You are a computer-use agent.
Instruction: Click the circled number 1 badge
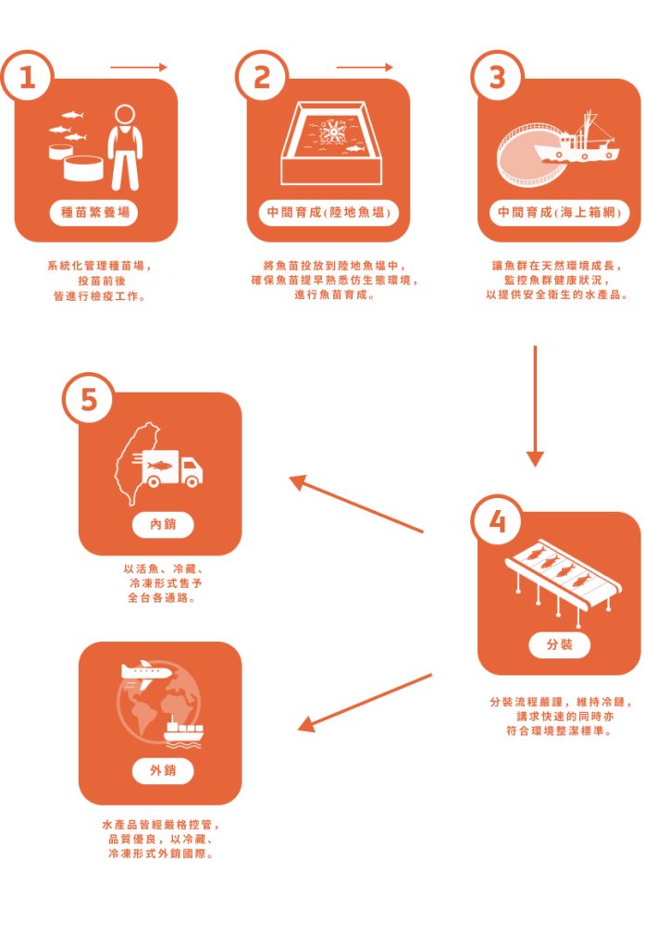(27, 78)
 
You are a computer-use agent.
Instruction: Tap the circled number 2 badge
(261, 77)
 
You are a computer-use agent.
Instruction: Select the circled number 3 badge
(497, 77)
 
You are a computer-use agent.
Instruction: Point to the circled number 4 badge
(497, 520)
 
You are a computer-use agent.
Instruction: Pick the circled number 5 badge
(88, 400)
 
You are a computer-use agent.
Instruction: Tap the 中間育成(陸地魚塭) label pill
(329, 213)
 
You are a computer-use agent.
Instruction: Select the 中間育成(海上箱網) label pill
(559, 213)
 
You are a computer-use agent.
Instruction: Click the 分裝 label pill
(559, 644)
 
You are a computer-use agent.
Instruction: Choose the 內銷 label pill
(163, 524)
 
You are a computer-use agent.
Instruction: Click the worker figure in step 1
(125, 147)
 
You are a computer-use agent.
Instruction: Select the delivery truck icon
(173, 468)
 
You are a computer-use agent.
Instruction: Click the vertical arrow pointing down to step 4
(535, 406)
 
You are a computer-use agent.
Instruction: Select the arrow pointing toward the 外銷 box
(366, 703)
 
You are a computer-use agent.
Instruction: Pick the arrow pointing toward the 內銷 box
(356, 504)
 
